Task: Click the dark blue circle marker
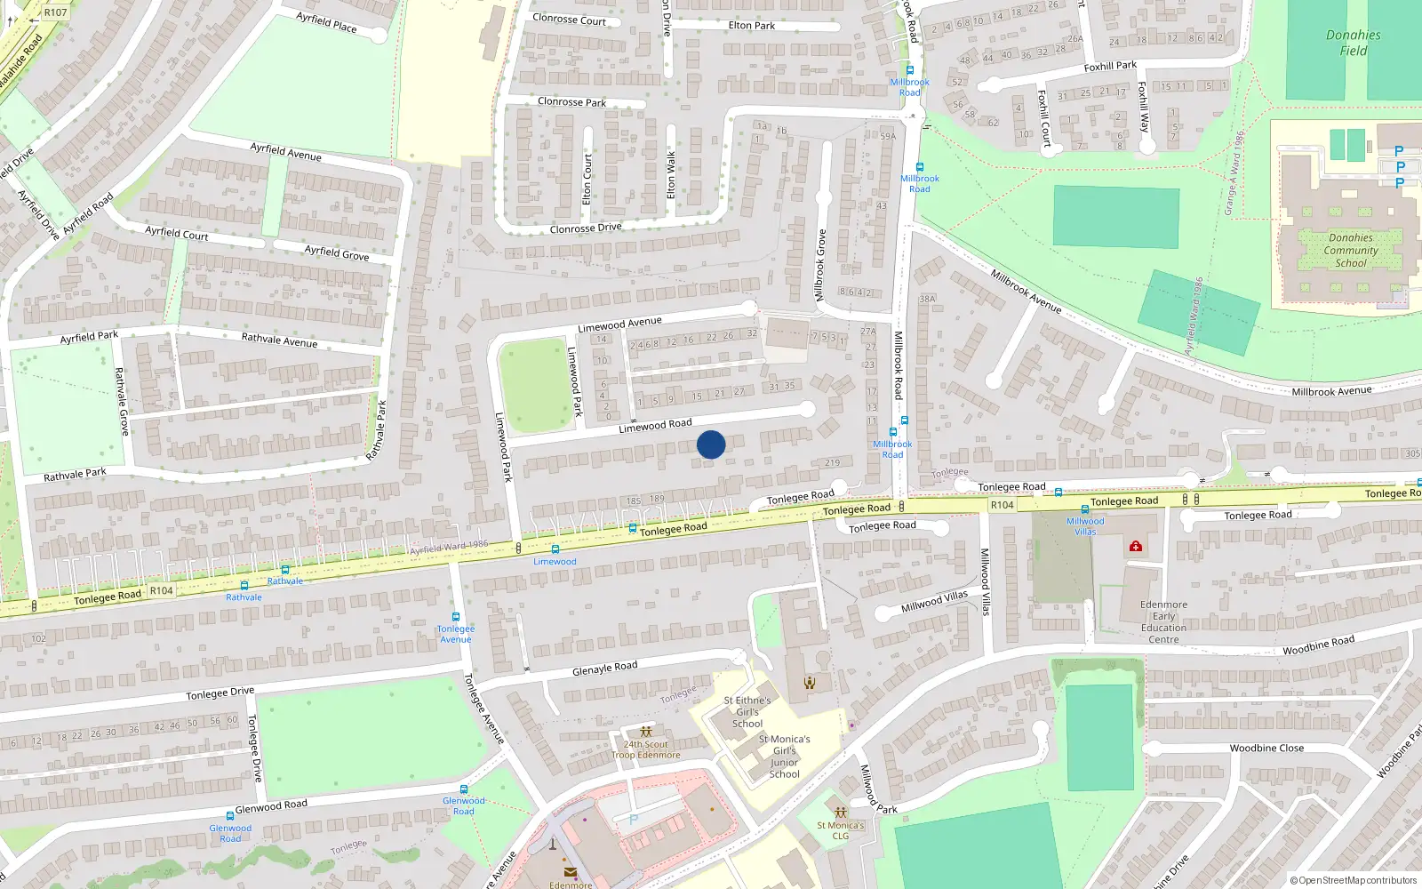(x=711, y=444)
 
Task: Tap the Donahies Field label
(x=1353, y=43)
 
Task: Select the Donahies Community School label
(x=1351, y=251)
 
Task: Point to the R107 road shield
(x=55, y=12)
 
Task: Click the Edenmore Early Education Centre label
(x=1163, y=621)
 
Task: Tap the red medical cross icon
(x=1135, y=546)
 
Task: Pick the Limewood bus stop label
(x=555, y=562)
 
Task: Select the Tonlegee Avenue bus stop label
(x=456, y=634)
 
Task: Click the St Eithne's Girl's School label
(x=747, y=712)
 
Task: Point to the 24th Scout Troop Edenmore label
(x=646, y=749)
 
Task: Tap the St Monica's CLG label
(x=840, y=830)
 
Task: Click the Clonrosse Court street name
(x=569, y=19)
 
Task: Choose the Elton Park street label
(x=752, y=26)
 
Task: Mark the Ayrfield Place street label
(x=326, y=22)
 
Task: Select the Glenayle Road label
(x=604, y=668)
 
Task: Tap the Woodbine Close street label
(x=1266, y=749)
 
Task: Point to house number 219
(x=832, y=463)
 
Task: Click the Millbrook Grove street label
(x=821, y=265)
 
